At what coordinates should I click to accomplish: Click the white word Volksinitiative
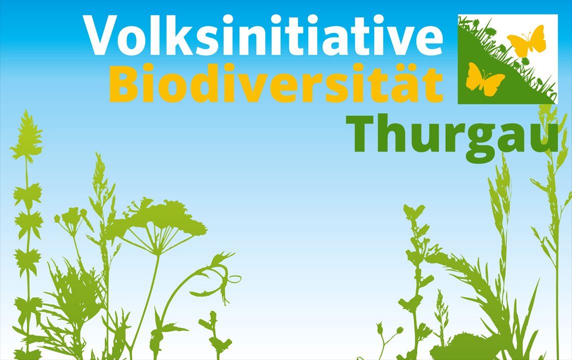click(263, 35)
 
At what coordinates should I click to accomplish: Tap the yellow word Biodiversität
click(276, 82)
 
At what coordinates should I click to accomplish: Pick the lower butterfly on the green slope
click(484, 79)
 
